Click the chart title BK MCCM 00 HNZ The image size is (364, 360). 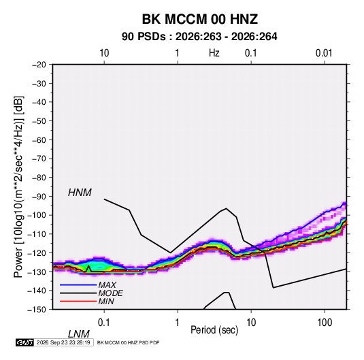pos(199,19)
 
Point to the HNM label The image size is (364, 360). pos(80,193)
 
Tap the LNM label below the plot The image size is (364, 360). pos(79,334)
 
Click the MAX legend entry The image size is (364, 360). pos(107,284)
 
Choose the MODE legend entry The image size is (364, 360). pos(110,293)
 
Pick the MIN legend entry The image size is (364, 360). pos(106,301)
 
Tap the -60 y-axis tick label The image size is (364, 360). pos(39,140)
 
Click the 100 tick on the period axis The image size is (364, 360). pos(325,323)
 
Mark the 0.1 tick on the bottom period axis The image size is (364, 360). pos(104,323)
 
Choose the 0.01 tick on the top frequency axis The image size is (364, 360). pos(324,53)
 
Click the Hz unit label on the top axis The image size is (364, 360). pos(214,53)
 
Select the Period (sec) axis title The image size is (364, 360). pos(214,330)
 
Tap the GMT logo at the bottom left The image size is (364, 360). pos(24,342)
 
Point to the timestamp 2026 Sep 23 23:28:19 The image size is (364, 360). pos(63,342)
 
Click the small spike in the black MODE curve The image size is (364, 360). pos(88,265)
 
